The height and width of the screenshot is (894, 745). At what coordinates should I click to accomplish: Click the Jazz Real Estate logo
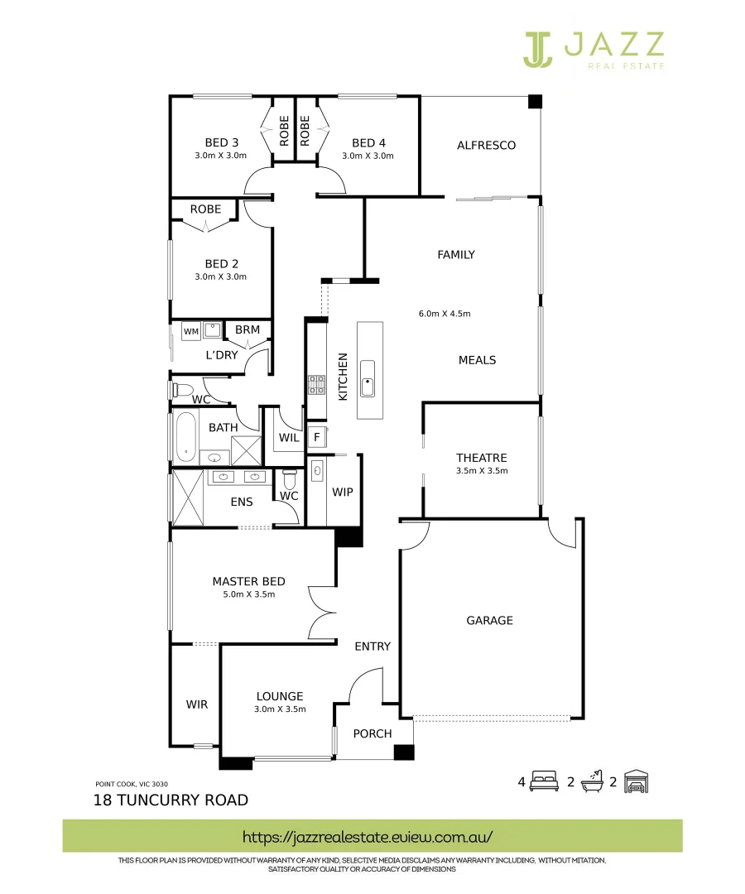(593, 50)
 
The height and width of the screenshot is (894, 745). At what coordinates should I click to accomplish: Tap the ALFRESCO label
(486, 146)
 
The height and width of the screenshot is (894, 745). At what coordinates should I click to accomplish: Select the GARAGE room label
(489, 620)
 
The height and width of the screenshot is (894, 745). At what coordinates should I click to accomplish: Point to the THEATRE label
(481, 458)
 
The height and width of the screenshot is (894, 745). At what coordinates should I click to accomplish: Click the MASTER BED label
(248, 581)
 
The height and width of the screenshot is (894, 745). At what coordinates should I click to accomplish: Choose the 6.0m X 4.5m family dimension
(445, 314)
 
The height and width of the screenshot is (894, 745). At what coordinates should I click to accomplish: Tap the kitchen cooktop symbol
(317, 384)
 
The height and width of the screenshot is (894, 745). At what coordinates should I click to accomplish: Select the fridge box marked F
(315, 437)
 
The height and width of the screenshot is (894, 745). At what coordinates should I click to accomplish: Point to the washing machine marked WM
(191, 331)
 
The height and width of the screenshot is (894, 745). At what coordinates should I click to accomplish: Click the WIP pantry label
(343, 492)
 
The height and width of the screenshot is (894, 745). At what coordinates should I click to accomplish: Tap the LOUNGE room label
(280, 696)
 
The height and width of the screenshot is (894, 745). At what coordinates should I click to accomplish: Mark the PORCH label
(372, 733)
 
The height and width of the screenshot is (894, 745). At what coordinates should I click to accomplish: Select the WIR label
(196, 704)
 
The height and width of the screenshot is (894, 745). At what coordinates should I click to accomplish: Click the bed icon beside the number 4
(545, 781)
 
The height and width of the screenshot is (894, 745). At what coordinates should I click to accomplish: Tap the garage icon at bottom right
(637, 781)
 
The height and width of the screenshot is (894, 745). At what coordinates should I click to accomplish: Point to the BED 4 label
(368, 142)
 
